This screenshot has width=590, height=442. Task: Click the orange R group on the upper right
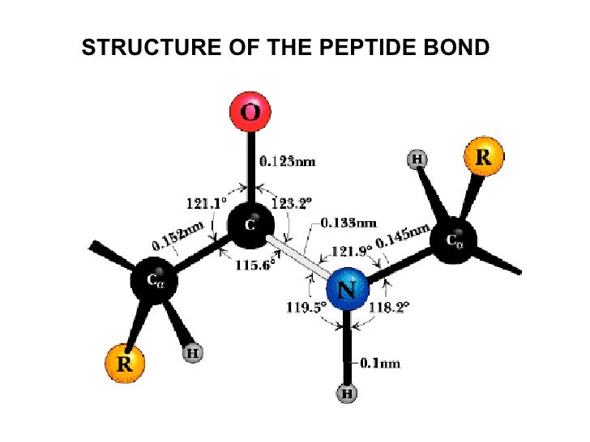483,156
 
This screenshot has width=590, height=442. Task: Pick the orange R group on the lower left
125,364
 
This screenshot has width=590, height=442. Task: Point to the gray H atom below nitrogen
347,394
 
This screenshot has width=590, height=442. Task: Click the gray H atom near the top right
417,159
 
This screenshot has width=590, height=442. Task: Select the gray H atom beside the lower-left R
193,353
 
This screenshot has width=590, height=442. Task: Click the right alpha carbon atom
454,240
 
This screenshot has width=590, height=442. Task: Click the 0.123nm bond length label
287,162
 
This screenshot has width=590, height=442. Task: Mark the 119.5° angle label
306,307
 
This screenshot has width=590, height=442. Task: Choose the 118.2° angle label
390,307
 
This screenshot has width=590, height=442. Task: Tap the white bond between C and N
297,259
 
